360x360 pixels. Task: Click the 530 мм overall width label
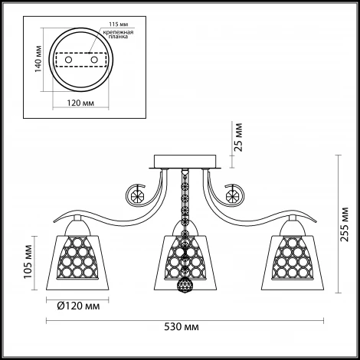(182, 327)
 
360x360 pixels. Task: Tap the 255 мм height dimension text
(345, 224)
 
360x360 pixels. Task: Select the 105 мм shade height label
(28, 262)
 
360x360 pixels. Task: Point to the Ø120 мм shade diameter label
(78, 306)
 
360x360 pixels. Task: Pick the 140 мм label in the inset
(38, 59)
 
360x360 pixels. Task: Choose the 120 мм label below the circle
(80, 103)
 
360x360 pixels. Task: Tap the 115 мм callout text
(119, 25)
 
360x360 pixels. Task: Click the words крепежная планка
(118, 34)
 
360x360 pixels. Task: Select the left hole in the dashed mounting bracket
(68, 60)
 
